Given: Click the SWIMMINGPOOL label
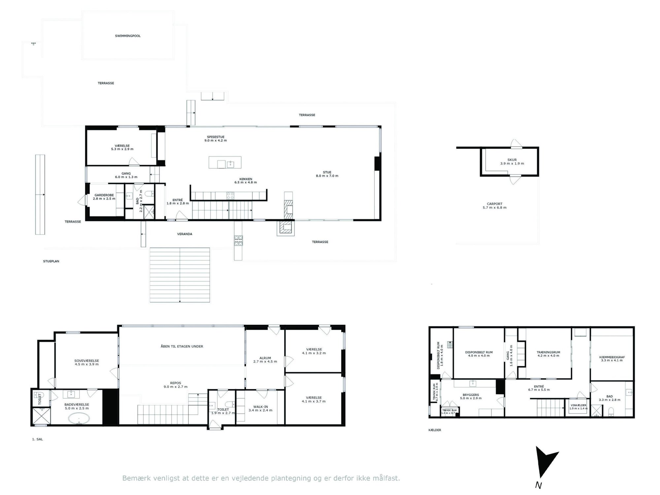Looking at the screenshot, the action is point(128,36).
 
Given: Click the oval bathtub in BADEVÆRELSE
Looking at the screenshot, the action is point(79,419).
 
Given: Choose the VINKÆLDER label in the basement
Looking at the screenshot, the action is point(578,405).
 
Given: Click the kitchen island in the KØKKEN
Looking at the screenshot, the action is point(225,162).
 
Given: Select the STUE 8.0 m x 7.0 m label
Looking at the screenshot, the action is point(327,174).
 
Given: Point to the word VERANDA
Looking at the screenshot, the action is point(185,234).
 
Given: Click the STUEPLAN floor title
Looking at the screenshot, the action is point(51,261).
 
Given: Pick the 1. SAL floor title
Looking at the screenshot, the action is point(38,439).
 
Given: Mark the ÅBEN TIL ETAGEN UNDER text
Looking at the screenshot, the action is point(182,346).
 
